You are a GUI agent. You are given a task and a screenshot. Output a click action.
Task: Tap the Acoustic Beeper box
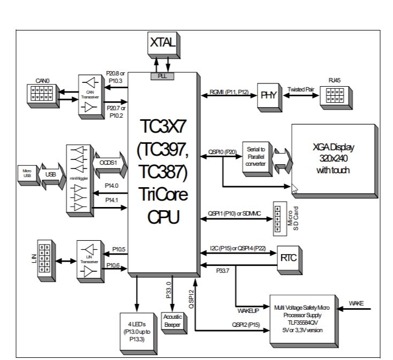pyautogui.click(x=172, y=319)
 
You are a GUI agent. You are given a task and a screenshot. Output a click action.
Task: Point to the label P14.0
pyautogui.click(x=111, y=186)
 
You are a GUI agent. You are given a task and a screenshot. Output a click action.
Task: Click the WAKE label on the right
pyautogui.click(x=356, y=303)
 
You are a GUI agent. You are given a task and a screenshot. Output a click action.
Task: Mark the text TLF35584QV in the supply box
pyautogui.click(x=303, y=322)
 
